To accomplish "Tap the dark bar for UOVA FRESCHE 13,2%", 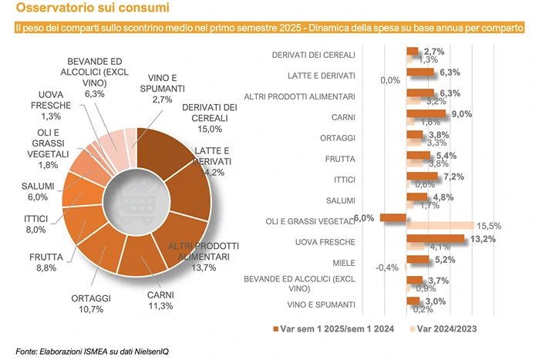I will pyautogui.click(x=435, y=239).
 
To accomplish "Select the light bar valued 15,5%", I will pyautogui.click(x=441, y=226).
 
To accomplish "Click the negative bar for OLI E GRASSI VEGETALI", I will pyautogui.click(x=392, y=218).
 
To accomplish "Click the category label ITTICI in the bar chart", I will pyautogui.click(x=342, y=178).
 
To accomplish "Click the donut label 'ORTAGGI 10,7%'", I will pyautogui.click(x=91, y=304).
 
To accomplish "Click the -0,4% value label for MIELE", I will pyautogui.click(x=386, y=268).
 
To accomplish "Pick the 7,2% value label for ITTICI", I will pyautogui.click(x=452, y=177).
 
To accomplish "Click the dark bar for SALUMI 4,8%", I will pyautogui.click(x=421, y=197).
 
